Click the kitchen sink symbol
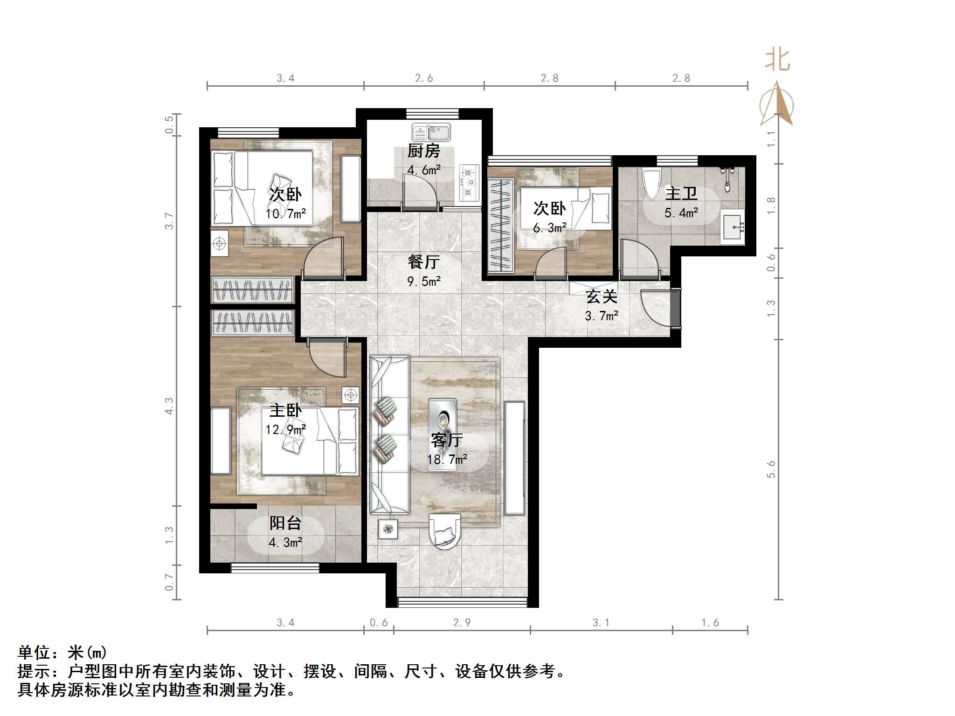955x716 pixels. coord(431,132)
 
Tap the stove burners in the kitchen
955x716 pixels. coord(469,182)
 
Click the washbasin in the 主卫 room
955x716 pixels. coord(733,227)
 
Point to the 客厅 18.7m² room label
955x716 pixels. coord(447,449)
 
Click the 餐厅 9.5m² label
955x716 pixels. coord(423,271)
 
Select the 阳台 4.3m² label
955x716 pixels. coord(285,532)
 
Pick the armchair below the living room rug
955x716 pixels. coord(444,531)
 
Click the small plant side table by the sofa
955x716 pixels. coord(388,529)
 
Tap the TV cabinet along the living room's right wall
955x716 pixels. coord(515,458)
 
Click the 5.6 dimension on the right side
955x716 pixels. coord(770,468)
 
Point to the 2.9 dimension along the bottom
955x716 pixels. coord(462,622)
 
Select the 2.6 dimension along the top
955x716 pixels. coord(424,78)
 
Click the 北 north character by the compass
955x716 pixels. coord(777,60)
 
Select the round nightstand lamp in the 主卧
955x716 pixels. coord(350,395)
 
